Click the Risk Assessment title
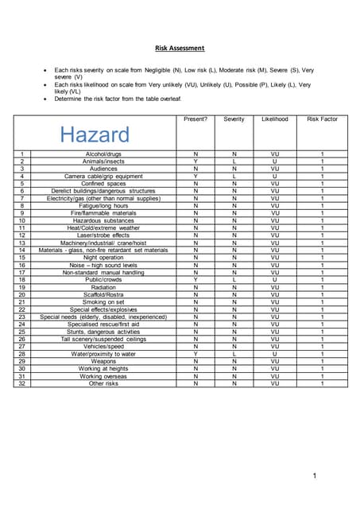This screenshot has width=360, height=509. click(180, 48)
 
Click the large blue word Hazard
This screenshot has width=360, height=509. click(95, 134)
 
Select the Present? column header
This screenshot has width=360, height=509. click(195, 119)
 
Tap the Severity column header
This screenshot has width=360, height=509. click(234, 119)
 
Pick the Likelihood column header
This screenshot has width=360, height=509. click(274, 119)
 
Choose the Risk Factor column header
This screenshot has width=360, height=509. click(322, 119)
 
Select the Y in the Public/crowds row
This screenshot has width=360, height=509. click(195, 279)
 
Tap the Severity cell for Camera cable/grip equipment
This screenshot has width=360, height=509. click(234, 175)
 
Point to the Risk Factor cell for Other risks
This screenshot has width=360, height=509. click(322, 383)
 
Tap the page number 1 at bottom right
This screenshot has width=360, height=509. click(315, 476)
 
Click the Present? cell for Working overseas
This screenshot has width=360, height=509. click(195, 376)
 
